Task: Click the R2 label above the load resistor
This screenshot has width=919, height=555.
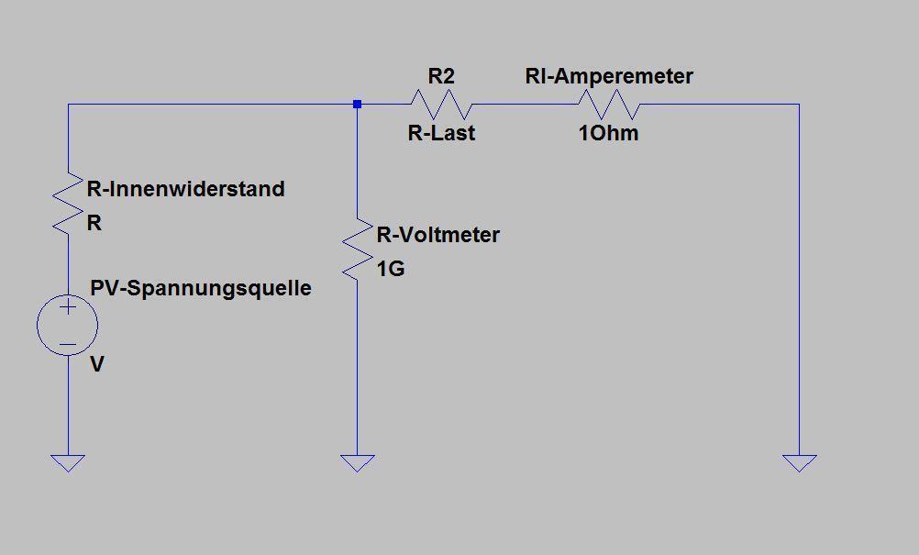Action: [x=441, y=76]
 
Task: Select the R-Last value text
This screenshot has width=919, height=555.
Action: [x=441, y=133]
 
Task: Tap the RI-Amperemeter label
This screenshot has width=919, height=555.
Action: [x=609, y=76]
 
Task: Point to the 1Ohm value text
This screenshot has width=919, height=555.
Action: [x=608, y=133]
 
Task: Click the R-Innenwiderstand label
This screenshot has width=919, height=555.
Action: [x=186, y=189]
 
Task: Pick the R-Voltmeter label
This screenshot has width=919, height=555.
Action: [x=437, y=235]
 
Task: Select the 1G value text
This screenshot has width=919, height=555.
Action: [x=391, y=269]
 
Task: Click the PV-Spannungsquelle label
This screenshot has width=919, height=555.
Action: [x=201, y=288]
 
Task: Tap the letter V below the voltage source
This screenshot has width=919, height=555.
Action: [x=96, y=364]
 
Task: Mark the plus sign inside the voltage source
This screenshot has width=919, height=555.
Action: [x=68, y=306]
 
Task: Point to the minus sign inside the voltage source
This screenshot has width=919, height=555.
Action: [x=68, y=345]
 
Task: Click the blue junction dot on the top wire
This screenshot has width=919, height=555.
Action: [x=357, y=105]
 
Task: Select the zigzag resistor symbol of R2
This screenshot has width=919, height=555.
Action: [x=441, y=105]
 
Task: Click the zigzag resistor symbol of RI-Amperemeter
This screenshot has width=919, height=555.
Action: [x=609, y=105]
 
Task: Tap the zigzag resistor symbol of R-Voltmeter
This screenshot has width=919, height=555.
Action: [x=357, y=250]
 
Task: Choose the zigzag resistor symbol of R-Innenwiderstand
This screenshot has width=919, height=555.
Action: [x=68, y=204]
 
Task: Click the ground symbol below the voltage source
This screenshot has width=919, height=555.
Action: [x=68, y=463]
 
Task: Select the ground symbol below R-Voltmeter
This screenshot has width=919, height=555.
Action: [x=357, y=463]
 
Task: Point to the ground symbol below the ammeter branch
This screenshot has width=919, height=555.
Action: [x=800, y=463]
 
